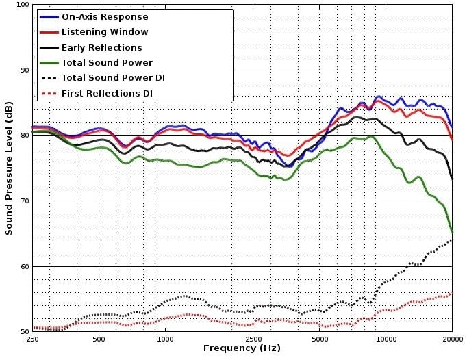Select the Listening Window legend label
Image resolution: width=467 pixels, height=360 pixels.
104,32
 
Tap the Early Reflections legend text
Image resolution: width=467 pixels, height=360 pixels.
101,47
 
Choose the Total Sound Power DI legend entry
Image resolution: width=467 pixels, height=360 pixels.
113,77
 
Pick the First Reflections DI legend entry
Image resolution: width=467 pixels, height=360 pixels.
107,92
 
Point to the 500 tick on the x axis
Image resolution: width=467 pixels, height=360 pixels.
99,339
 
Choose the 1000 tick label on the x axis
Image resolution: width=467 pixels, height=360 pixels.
165,339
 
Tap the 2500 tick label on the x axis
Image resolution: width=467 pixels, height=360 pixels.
253,339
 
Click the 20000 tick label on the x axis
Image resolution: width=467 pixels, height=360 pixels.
451,339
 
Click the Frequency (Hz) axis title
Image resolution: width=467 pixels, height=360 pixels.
242,349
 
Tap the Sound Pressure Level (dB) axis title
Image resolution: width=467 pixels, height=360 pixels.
9,168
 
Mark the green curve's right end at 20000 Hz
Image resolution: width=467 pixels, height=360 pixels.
452,232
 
